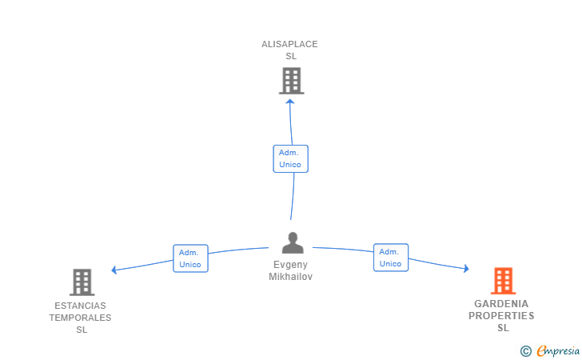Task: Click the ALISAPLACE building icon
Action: (x=291, y=81)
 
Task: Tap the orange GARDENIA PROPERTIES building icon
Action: (x=503, y=281)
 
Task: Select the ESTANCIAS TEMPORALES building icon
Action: (x=82, y=282)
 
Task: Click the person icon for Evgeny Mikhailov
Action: (x=293, y=242)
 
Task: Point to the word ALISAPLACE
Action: (x=289, y=44)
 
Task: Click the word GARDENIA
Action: (x=501, y=304)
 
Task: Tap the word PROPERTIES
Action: (x=501, y=316)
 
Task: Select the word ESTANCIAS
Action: (x=80, y=306)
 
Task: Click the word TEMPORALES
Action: (x=80, y=318)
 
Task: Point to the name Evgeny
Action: (x=290, y=265)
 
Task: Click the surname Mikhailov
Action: (x=290, y=277)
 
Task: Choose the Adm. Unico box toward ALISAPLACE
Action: (x=290, y=158)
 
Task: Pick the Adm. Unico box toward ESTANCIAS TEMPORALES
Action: (x=190, y=258)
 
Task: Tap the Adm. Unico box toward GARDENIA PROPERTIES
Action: (x=390, y=258)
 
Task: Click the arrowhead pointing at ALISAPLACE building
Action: (x=289, y=102)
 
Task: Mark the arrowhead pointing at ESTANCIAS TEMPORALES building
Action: (x=115, y=270)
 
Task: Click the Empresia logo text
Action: (x=558, y=350)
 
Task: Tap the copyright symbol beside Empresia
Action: (x=526, y=350)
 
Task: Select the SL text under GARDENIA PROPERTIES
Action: (x=503, y=328)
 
